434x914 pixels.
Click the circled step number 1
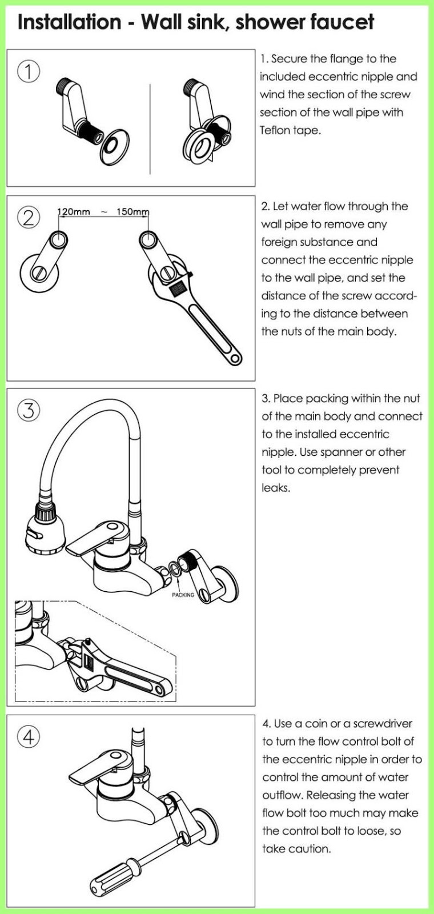tap(29, 72)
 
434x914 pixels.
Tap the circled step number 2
tap(29, 218)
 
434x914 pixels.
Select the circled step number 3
tap(29, 410)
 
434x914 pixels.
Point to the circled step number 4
tap(29, 737)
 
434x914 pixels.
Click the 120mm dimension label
tap(73, 212)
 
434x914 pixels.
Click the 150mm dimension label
tap(132, 212)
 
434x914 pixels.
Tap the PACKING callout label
tap(183, 595)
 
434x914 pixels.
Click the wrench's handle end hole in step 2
tap(235, 359)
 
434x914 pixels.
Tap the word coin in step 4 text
tap(315, 724)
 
